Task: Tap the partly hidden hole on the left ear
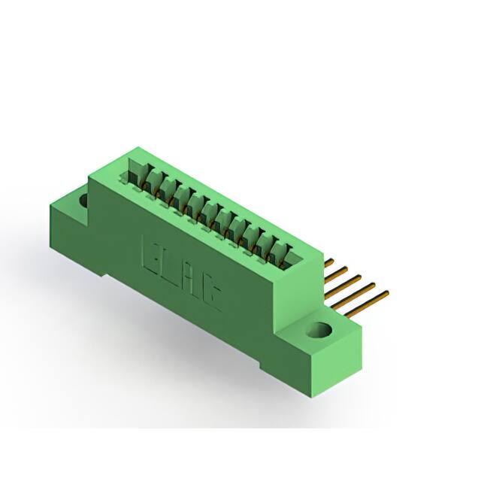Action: pyautogui.click(x=83, y=201)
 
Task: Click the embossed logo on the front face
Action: pyautogui.click(x=178, y=268)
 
